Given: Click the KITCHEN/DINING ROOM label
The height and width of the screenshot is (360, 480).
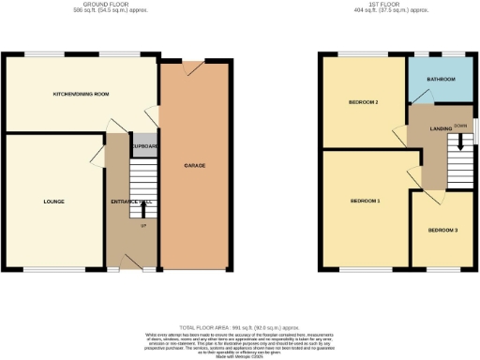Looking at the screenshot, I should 82,94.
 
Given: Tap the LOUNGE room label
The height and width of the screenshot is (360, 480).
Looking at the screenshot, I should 52,201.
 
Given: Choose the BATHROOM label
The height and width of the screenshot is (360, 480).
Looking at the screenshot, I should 441,80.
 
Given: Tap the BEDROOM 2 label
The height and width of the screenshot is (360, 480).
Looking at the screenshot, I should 363,102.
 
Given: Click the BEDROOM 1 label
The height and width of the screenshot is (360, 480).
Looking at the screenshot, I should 365,201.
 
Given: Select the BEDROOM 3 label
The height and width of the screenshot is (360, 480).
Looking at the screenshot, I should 443,230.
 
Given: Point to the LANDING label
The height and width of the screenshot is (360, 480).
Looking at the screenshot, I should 429,129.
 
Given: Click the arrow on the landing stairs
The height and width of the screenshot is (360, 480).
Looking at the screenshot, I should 459,142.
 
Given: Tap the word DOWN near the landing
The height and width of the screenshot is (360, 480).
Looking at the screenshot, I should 459,125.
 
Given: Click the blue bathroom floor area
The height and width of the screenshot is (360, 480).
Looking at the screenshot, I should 441,94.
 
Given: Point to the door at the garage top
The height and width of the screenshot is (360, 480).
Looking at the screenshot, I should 193,67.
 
